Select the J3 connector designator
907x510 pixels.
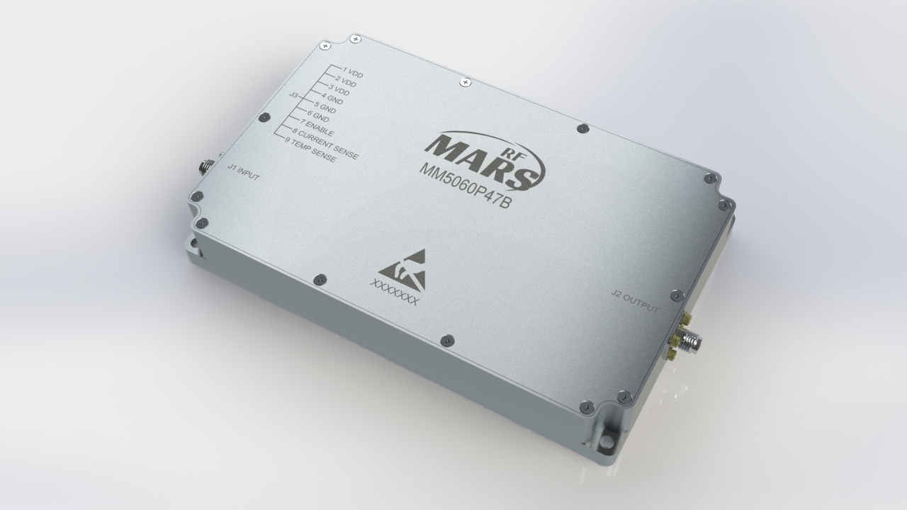click(x=293, y=94)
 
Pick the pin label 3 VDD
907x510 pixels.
click(x=338, y=91)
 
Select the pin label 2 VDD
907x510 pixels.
click(x=345, y=82)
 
